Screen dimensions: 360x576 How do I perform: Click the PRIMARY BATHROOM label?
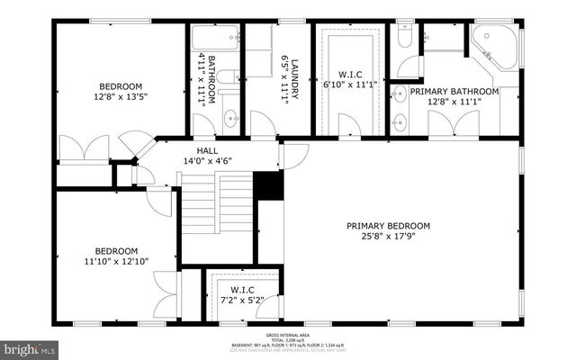click(454, 92)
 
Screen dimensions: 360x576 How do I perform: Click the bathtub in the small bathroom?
click(216, 39)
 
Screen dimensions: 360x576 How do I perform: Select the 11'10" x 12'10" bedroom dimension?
click(117, 262)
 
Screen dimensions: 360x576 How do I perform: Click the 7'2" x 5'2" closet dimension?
click(242, 301)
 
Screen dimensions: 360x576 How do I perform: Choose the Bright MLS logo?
click(30, 347)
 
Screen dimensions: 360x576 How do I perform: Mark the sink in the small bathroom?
click(230, 117)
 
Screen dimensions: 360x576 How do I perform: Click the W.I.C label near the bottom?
click(242, 289)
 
